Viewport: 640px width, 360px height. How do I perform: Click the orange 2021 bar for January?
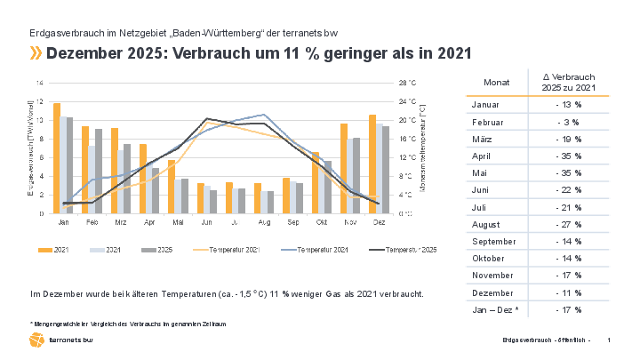point(57,158)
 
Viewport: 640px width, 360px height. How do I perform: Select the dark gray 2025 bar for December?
point(385,170)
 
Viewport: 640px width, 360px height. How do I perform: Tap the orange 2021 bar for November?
point(344,168)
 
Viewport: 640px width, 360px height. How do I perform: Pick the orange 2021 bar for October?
point(316,182)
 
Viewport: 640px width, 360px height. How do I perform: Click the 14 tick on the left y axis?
point(38,83)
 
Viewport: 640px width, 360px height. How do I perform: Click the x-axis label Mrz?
point(120,222)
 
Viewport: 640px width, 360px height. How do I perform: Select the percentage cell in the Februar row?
point(568,121)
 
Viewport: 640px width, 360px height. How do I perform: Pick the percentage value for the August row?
point(568,223)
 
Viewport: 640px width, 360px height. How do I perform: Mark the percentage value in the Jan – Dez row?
point(568,309)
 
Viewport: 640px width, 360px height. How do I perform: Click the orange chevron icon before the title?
point(36,53)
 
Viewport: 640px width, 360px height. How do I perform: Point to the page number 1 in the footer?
point(608,341)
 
